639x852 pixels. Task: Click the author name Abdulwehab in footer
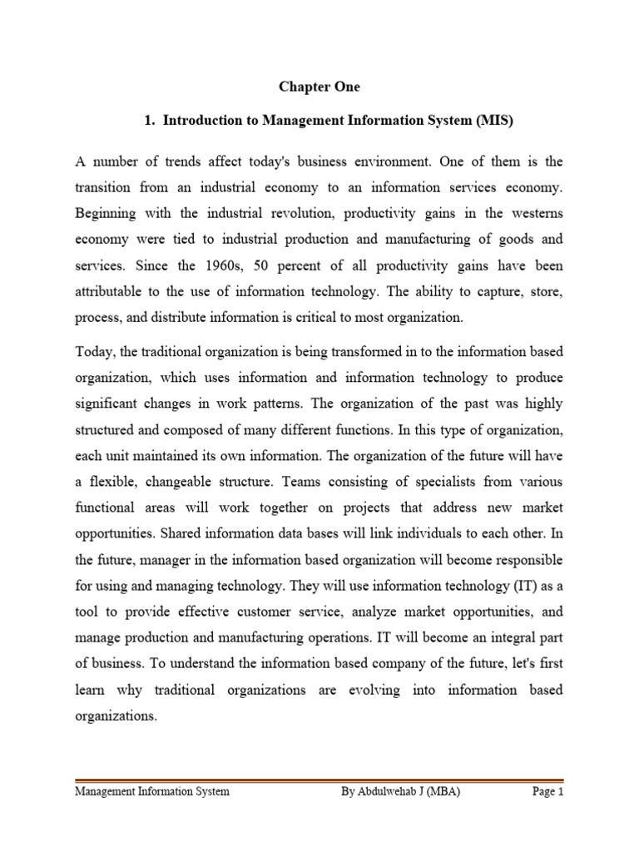pyautogui.click(x=388, y=792)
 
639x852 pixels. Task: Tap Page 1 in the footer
pyautogui.click(x=547, y=792)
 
